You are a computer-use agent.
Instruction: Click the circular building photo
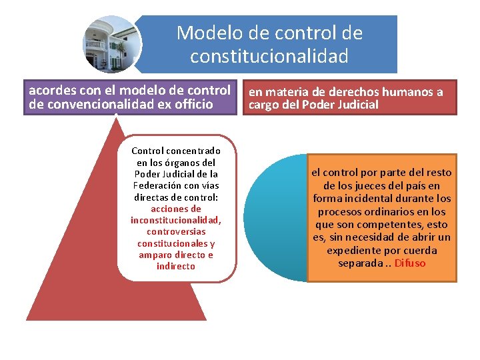(111, 44)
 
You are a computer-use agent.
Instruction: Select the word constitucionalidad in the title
(269, 57)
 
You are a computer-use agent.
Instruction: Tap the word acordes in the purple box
(51, 90)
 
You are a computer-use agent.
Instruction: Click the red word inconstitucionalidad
(176, 220)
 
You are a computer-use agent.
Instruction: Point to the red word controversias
(176, 232)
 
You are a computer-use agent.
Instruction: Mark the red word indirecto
(176, 267)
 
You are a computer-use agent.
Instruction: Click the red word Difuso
(410, 263)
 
